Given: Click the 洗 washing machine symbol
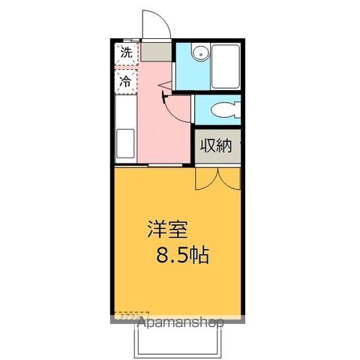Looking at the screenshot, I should coord(126,53).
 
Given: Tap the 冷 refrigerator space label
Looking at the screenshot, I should coord(126,81).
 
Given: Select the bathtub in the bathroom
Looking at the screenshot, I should coord(226,66).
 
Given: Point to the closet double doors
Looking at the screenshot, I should coord(216,178).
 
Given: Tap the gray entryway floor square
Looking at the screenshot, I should coord(156,52).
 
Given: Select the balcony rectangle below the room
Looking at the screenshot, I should coord(179,341).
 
